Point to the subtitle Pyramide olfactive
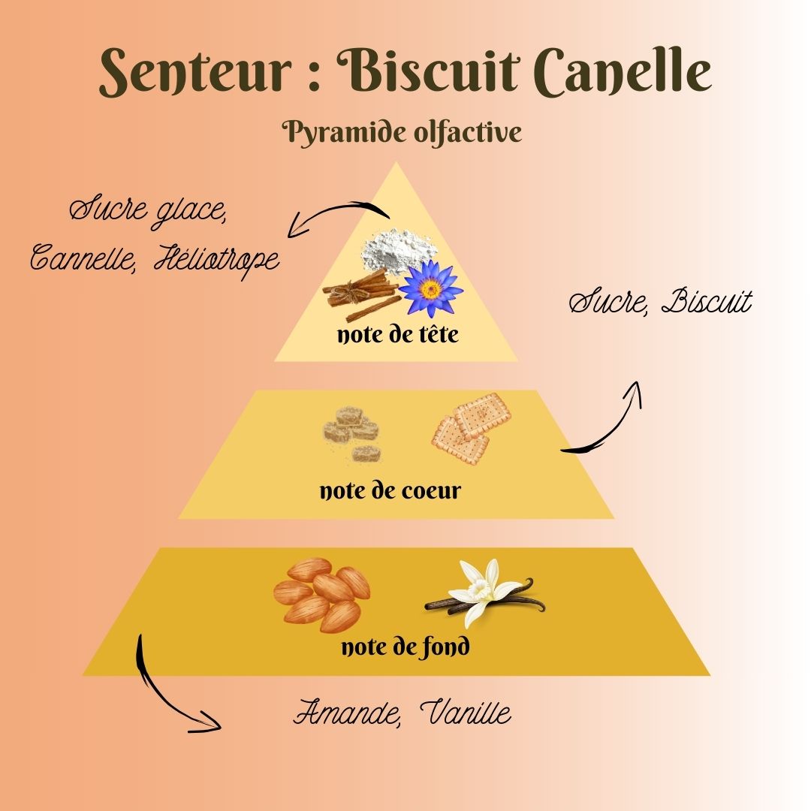[402, 133]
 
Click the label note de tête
[397, 335]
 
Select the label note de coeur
[390, 492]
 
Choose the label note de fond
[405, 647]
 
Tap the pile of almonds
[321, 593]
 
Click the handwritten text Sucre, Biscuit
[660, 303]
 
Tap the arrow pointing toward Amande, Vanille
[169, 687]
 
